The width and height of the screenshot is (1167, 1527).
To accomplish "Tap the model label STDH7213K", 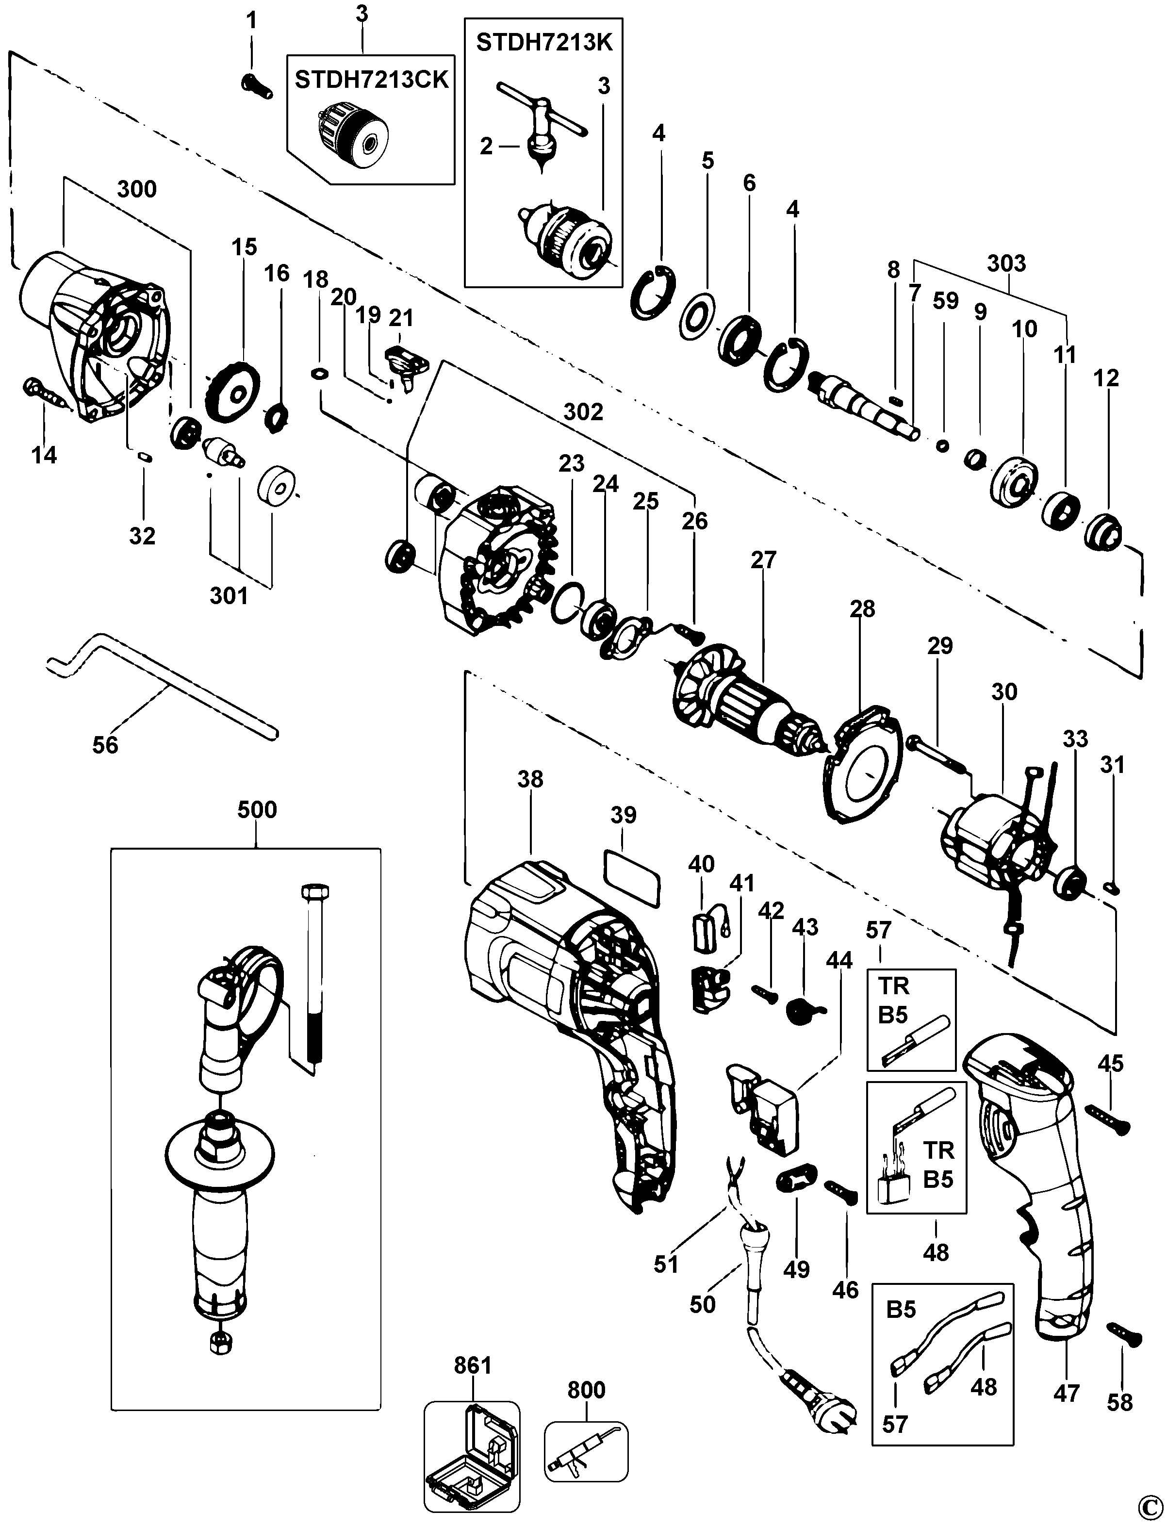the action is pyautogui.click(x=544, y=42).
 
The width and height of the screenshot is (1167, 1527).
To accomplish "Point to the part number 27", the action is pyautogui.click(x=763, y=560).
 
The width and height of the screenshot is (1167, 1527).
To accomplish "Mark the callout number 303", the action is pyautogui.click(x=1006, y=263).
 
